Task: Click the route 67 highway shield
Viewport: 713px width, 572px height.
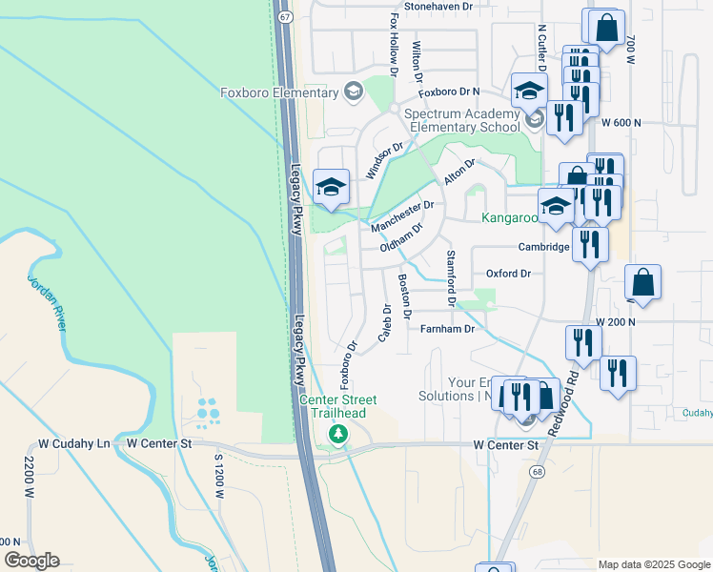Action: [x=285, y=17]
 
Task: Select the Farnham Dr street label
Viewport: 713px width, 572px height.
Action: [x=447, y=329]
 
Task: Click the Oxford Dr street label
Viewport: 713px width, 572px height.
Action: [x=508, y=274]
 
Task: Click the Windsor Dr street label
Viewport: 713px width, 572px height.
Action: [x=385, y=161]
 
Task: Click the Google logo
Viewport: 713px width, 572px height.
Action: [x=31, y=561]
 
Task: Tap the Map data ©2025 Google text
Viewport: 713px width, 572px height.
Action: [x=654, y=564]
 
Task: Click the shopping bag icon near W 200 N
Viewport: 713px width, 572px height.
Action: [x=643, y=282]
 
